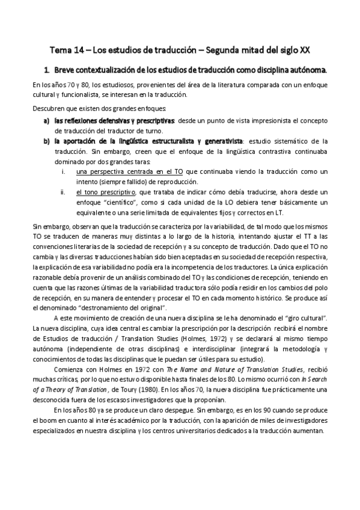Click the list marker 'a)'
pyautogui.click(x=46, y=120)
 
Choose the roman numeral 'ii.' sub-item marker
pyautogui.click(x=64, y=192)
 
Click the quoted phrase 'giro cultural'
pyautogui.click(x=307, y=318)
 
